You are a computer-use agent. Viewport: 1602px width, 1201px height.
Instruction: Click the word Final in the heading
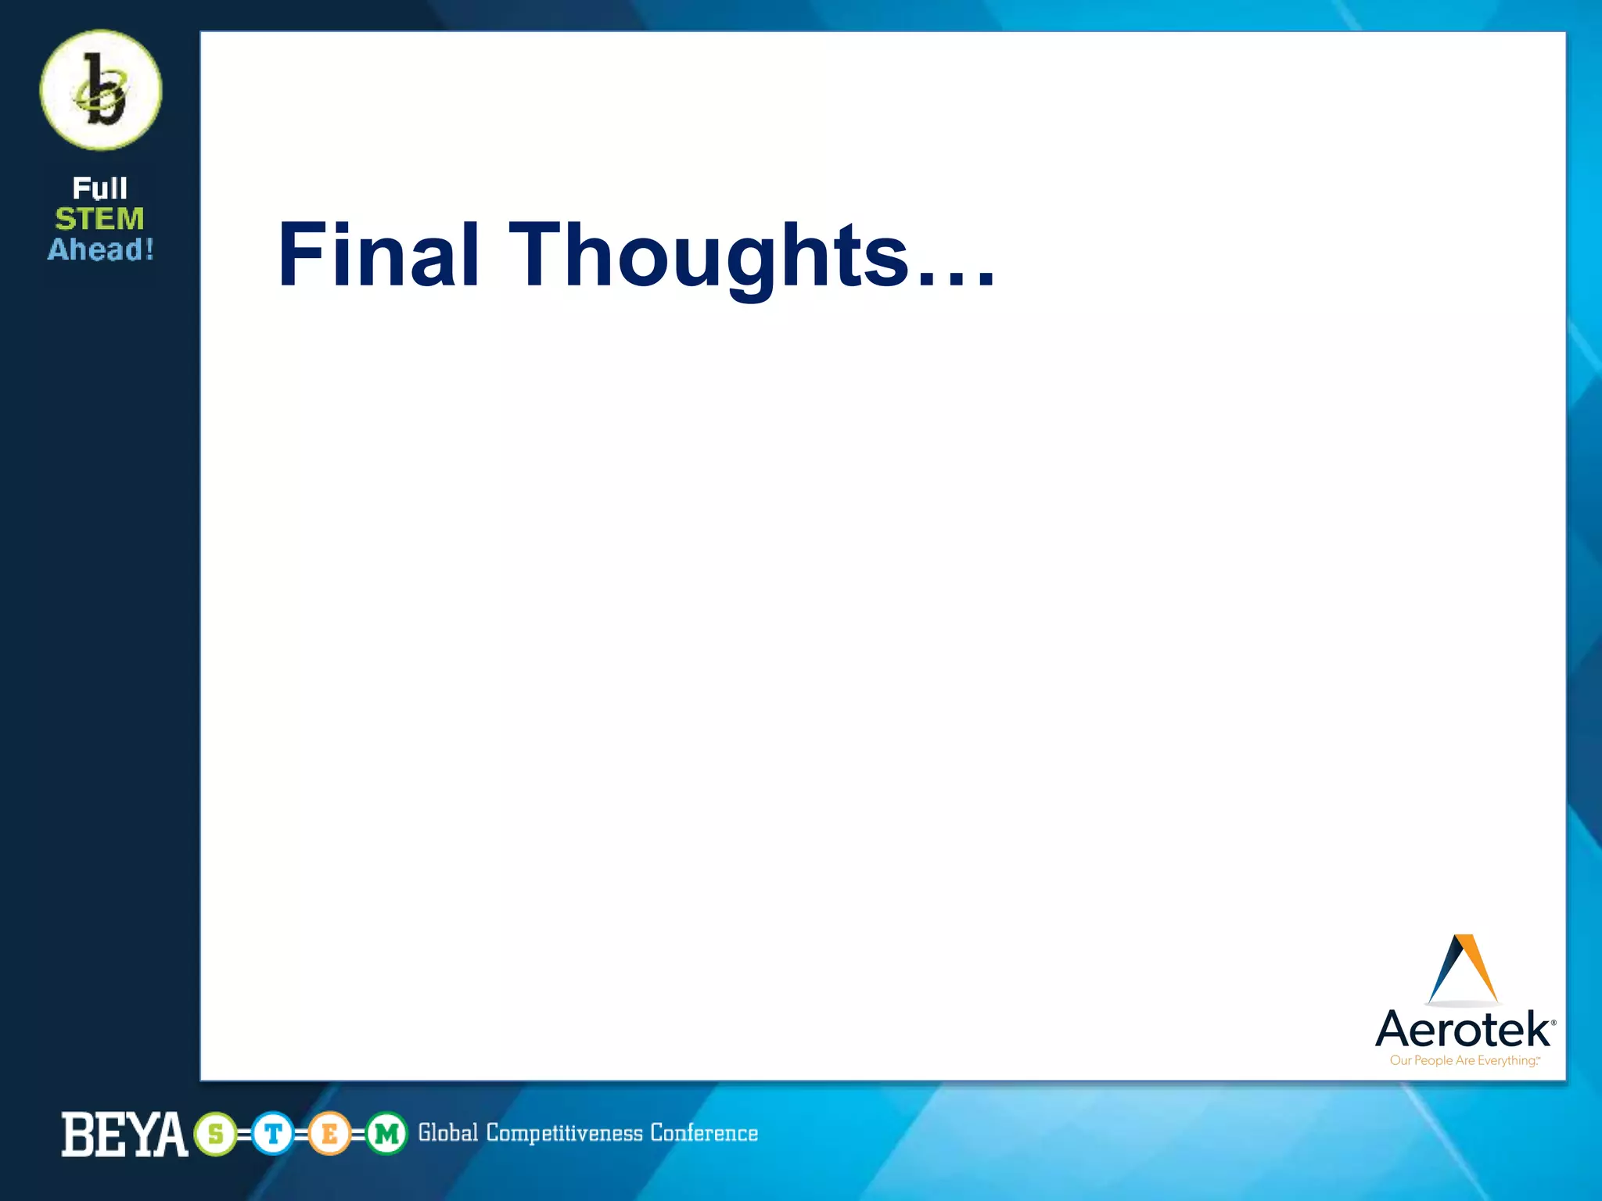[x=379, y=255]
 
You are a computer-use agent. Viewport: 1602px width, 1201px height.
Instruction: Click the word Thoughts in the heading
[x=709, y=256]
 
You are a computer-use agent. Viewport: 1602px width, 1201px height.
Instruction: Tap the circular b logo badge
[x=101, y=90]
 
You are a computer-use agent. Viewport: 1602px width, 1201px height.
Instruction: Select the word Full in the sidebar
[x=99, y=188]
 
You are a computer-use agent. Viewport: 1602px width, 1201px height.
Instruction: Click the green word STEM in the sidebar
[x=99, y=219]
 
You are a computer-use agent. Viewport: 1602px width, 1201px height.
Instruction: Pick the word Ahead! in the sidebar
[x=101, y=249]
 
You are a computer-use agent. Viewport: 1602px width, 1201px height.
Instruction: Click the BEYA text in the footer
[x=124, y=1135]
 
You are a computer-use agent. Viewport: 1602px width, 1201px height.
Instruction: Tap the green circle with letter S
[x=215, y=1134]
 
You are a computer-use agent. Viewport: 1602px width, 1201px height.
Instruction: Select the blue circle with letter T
[x=272, y=1134]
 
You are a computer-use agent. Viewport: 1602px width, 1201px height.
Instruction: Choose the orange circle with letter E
[x=329, y=1134]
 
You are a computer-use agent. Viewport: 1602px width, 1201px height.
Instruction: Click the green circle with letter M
[x=386, y=1134]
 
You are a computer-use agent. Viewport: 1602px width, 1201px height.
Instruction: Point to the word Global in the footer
[x=447, y=1133]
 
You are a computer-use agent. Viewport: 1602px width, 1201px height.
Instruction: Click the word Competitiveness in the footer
[x=564, y=1133]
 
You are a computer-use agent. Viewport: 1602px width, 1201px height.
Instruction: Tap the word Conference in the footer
[x=704, y=1133]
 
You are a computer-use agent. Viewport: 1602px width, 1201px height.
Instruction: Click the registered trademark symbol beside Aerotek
[x=1553, y=1023]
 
